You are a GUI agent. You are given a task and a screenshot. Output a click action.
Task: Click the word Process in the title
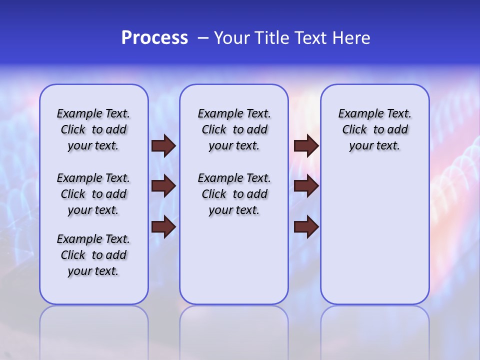click(154, 38)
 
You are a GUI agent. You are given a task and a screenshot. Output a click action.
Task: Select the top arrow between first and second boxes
click(163, 146)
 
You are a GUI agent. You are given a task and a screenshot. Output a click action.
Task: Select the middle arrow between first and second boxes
click(163, 186)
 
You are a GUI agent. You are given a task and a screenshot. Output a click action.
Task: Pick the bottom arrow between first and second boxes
click(163, 227)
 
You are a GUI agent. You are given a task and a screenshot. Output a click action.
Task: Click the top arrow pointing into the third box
click(306, 146)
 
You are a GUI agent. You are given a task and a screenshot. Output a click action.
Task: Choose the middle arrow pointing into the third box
click(306, 186)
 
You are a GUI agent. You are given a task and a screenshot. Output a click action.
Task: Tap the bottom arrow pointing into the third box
click(306, 227)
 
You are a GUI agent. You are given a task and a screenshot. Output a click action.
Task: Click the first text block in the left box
click(93, 129)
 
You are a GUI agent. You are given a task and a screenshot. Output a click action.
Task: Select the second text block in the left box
click(93, 194)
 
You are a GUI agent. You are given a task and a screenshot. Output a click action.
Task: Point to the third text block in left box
click(93, 255)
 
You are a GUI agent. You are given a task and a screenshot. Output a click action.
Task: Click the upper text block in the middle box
click(234, 129)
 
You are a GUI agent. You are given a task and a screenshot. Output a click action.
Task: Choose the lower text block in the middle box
click(234, 194)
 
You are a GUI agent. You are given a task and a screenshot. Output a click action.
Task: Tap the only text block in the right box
click(374, 129)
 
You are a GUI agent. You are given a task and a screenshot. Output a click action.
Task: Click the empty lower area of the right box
click(374, 235)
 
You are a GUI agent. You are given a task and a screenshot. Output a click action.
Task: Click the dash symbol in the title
click(203, 38)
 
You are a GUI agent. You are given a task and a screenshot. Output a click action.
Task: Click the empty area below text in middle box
click(234, 260)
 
